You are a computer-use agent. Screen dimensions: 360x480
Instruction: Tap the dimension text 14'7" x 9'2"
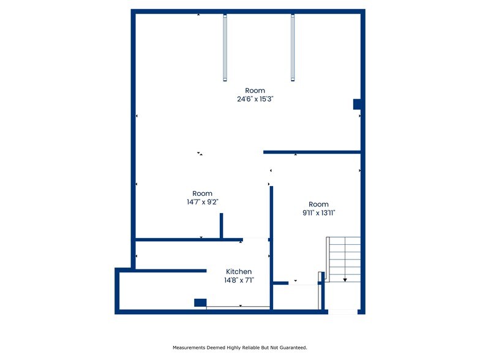pyautogui.click(x=202, y=201)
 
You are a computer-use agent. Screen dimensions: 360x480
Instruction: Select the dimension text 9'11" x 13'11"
pyautogui.click(x=318, y=212)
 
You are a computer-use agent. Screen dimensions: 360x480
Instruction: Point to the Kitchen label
pyautogui.click(x=239, y=272)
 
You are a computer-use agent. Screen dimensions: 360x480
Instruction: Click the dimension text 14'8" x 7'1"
pyautogui.click(x=239, y=280)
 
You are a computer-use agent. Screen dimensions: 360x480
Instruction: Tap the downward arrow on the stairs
pyautogui.click(x=345, y=279)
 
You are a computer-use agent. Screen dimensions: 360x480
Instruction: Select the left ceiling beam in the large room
pyautogui.click(x=225, y=48)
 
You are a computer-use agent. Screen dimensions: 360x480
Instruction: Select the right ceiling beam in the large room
pyautogui.click(x=293, y=48)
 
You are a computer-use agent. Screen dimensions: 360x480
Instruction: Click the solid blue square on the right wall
pyautogui.click(x=357, y=104)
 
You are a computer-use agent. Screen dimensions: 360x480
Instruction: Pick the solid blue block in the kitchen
pyautogui.click(x=200, y=302)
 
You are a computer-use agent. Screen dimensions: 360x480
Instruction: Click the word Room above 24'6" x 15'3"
pyautogui.click(x=255, y=91)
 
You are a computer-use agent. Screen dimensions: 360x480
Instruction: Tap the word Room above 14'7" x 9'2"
pyautogui.click(x=202, y=193)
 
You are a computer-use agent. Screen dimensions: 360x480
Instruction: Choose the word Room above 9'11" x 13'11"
pyautogui.click(x=318, y=204)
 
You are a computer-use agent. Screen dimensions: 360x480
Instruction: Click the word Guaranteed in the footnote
pyautogui.click(x=293, y=347)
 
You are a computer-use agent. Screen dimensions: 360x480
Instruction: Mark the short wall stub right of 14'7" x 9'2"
pyautogui.click(x=222, y=225)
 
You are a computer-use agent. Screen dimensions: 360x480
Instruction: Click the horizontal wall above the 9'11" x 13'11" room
pyautogui.click(x=312, y=152)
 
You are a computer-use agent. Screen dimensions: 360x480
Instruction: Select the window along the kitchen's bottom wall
pyautogui.click(x=238, y=307)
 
